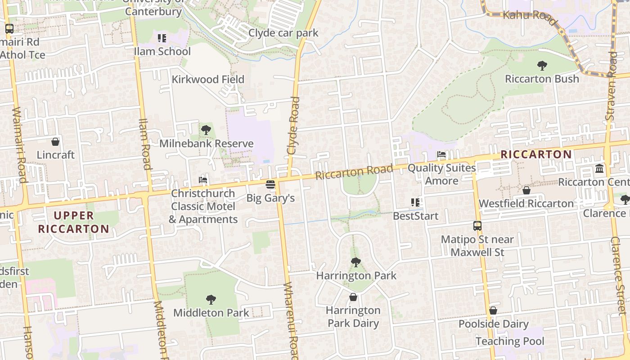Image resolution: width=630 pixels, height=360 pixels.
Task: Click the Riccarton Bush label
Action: click(x=542, y=79)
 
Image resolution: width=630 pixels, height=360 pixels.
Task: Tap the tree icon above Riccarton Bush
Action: click(x=542, y=66)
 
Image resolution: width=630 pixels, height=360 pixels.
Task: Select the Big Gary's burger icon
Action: click(x=270, y=184)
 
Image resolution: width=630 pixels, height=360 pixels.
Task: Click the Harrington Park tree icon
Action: click(x=356, y=262)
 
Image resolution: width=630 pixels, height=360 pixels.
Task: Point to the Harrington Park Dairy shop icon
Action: click(x=353, y=297)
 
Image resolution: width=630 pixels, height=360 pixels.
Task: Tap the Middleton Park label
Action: click(x=211, y=313)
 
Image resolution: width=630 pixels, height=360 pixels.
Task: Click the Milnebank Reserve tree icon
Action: click(x=206, y=130)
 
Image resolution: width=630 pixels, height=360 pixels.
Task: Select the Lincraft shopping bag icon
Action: click(x=55, y=142)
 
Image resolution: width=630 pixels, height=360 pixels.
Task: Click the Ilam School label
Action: click(x=162, y=51)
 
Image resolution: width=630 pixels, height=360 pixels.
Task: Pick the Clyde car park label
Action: click(x=283, y=33)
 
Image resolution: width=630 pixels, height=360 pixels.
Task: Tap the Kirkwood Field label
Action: click(x=208, y=80)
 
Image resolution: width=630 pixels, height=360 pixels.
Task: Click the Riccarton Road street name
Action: click(x=354, y=171)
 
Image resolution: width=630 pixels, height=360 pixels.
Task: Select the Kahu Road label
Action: click(x=530, y=15)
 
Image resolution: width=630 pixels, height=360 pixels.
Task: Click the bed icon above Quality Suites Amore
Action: click(x=441, y=155)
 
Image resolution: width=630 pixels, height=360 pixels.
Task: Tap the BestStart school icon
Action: click(x=415, y=202)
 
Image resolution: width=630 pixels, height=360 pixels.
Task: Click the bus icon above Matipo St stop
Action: click(x=477, y=226)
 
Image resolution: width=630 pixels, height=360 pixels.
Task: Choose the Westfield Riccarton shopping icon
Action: click(x=526, y=191)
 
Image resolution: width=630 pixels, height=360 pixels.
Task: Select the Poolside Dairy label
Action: click(x=493, y=324)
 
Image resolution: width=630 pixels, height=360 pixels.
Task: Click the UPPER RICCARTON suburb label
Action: click(x=74, y=222)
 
